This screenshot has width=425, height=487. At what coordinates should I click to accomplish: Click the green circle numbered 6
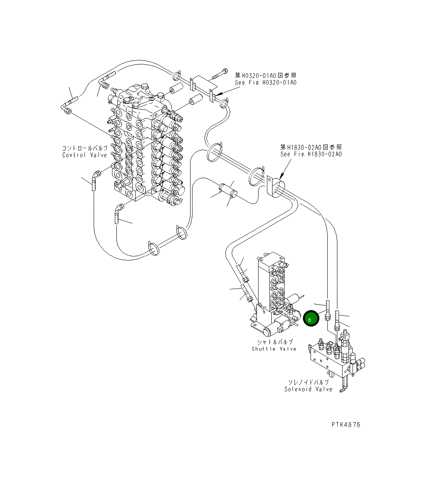tap(311, 319)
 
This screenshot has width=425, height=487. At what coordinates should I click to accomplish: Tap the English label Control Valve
tap(85, 155)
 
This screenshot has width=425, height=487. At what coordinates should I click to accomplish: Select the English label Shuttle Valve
tap(274, 349)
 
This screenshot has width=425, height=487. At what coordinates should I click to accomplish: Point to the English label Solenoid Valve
tap(308, 389)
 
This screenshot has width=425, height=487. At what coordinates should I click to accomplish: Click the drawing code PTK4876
tap(346, 425)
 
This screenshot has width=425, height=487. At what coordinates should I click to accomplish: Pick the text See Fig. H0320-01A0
tap(266, 83)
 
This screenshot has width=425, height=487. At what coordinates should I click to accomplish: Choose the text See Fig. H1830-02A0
tap(311, 154)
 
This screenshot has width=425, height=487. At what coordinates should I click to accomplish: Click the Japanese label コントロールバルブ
tap(85, 148)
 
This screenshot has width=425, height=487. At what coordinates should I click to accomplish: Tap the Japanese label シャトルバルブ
tap(275, 342)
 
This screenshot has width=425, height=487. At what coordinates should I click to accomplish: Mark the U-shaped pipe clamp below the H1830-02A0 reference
tap(275, 185)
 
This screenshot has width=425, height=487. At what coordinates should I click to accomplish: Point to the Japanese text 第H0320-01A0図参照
tap(266, 76)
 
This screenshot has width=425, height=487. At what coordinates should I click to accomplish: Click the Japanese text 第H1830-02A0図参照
tap(311, 147)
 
